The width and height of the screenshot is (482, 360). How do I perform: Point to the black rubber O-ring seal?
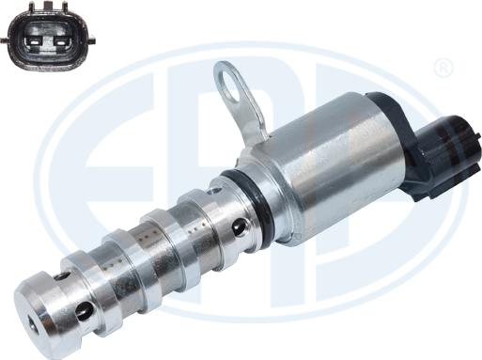[258, 202]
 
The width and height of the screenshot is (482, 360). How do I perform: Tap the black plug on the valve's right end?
[442, 155]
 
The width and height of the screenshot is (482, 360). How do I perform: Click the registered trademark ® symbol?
[444, 68]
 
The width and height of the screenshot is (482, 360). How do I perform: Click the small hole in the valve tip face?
[35, 324]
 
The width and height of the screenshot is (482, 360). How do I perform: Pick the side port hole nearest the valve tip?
[84, 309]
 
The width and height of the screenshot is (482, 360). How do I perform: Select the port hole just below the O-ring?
[240, 227]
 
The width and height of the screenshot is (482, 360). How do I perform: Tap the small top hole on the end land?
[62, 275]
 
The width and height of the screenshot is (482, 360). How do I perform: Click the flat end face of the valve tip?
[38, 320]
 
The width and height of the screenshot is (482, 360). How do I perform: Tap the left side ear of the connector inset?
[7, 39]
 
